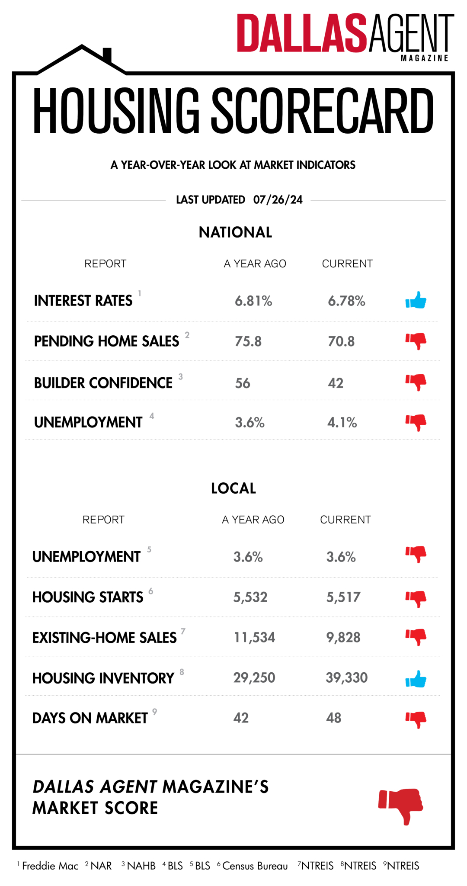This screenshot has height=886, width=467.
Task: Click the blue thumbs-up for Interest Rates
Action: (x=416, y=300)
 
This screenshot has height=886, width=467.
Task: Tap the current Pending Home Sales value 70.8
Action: (x=341, y=341)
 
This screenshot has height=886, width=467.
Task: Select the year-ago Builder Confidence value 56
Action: (x=243, y=383)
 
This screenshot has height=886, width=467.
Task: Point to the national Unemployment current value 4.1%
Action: (x=342, y=422)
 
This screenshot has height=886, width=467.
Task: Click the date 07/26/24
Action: (x=278, y=199)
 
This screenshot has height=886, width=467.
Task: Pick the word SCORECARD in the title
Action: (x=322, y=111)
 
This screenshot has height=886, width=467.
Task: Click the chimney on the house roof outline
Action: (x=107, y=55)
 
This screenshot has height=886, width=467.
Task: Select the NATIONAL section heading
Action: (x=235, y=232)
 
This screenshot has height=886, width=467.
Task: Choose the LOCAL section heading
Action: (x=233, y=488)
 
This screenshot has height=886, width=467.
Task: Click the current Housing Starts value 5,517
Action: (x=343, y=597)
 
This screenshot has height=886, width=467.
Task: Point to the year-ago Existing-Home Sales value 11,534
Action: (x=254, y=637)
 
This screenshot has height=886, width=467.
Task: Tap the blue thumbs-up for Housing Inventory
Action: (x=416, y=679)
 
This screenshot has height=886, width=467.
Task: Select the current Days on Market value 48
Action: (x=333, y=718)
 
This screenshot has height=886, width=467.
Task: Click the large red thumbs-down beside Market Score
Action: (x=401, y=805)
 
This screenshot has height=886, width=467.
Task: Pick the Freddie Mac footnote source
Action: (x=50, y=866)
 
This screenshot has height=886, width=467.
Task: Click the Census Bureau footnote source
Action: (x=255, y=866)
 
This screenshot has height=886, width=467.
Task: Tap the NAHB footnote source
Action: (x=141, y=866)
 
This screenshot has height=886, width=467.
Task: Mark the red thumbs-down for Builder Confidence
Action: (x=416, y=382)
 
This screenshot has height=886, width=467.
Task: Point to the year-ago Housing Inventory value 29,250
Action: (x=254, y=677)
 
